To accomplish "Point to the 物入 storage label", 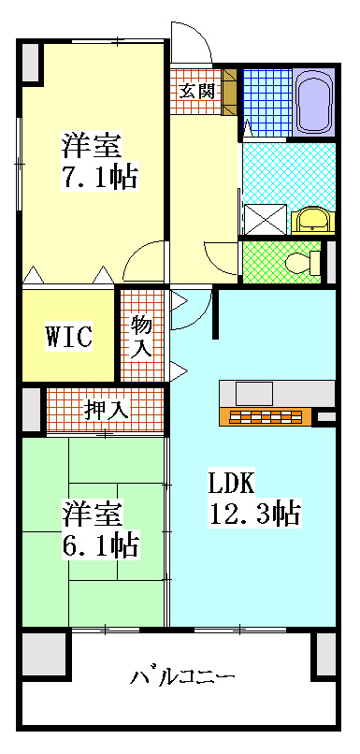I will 142,336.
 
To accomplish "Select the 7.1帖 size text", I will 100,177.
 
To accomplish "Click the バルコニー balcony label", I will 182,675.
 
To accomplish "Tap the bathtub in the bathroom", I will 312,103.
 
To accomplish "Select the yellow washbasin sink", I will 310,220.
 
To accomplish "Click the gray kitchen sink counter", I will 247,391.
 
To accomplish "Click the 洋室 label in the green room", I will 92,513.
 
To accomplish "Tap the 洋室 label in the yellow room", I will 92,146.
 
